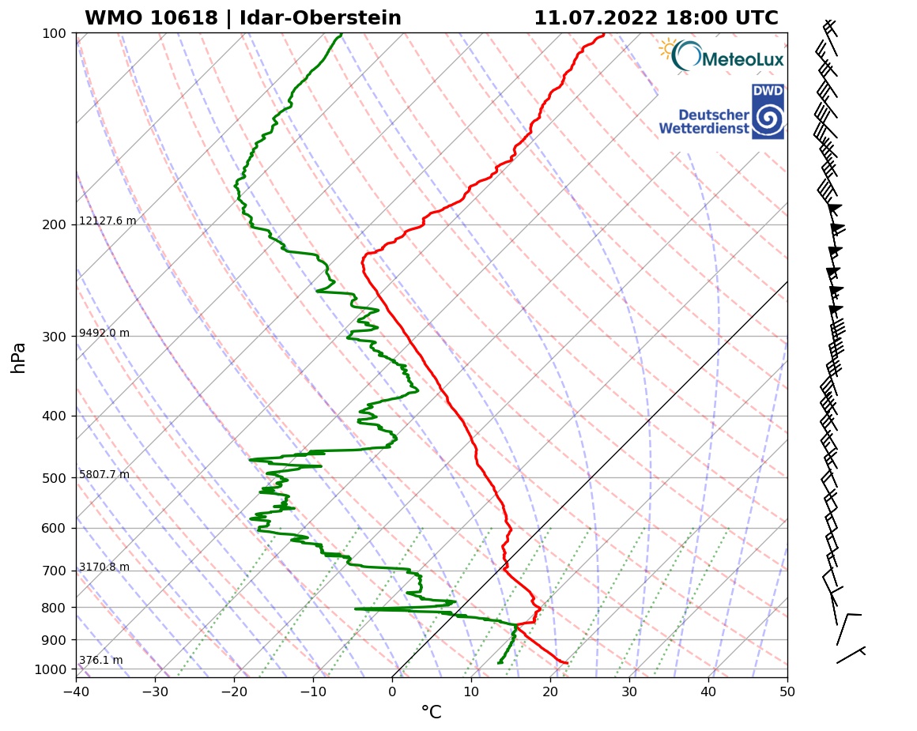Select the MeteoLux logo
point(721,57)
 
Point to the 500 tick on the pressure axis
point(54,478)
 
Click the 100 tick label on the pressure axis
point(54,33)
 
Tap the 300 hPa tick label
point(54,337)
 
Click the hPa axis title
point(19,357)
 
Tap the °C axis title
point(431,713)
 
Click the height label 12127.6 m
point(108,221)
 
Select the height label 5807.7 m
point(104,475)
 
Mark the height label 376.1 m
point(100,661)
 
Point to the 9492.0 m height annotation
point(104,333)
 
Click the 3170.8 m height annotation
point(104,567)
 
